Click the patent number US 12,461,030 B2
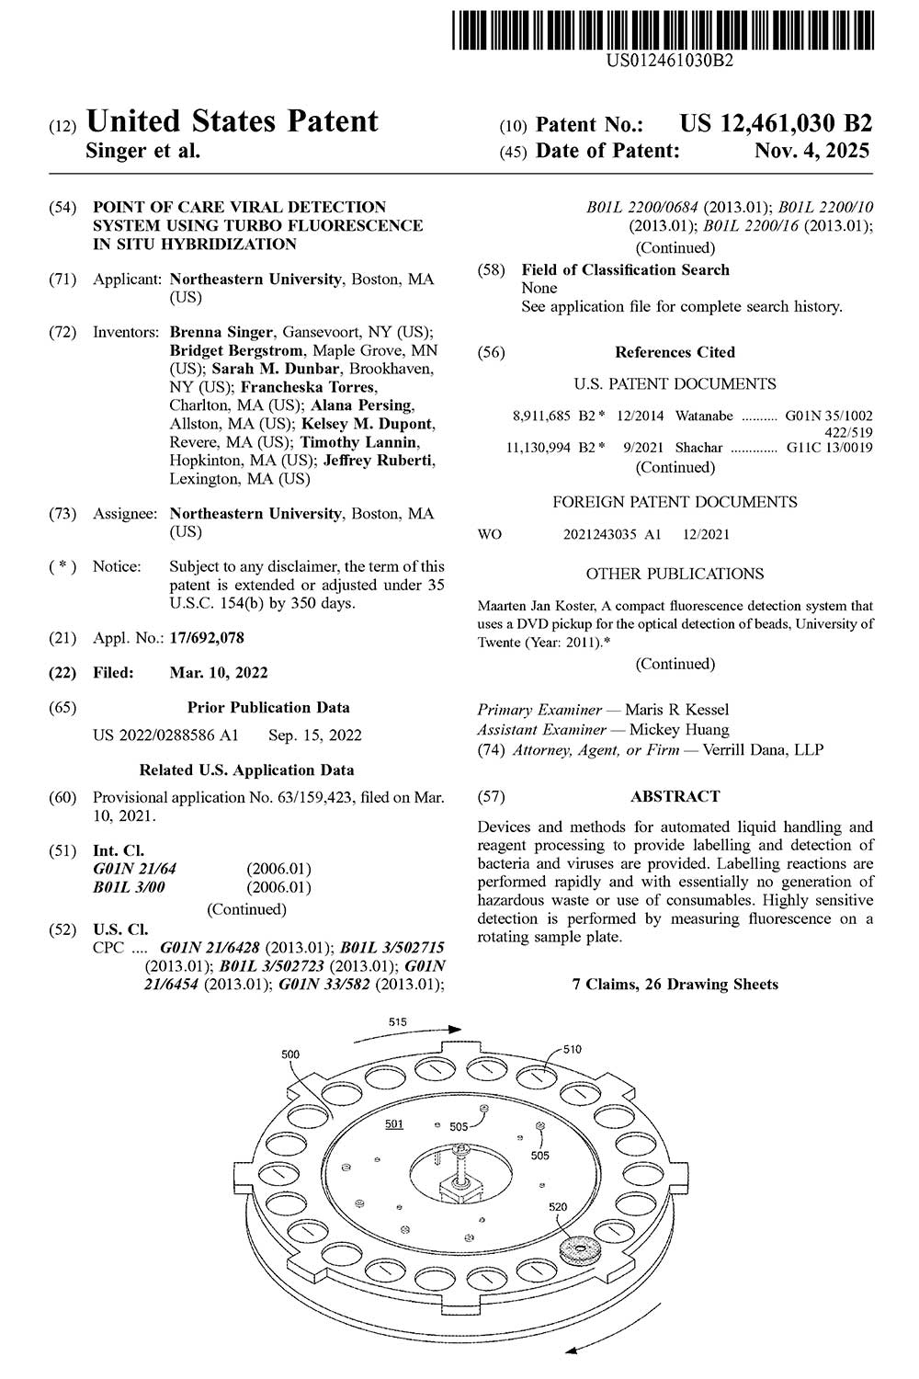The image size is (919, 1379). [x=776, y=123]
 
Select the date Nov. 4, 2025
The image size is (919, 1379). [x=811, y=151]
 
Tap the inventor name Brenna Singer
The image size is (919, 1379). [x=221, y=332]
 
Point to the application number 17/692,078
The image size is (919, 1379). [x=207, y=638]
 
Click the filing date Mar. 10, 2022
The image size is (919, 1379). [x=219, y=672]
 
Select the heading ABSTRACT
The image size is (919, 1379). [x=675, y=796]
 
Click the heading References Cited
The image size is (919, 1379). [x=675, y=352]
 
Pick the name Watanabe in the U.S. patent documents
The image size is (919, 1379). [x=704, y=416]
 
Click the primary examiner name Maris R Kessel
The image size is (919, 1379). [x=677, y=710]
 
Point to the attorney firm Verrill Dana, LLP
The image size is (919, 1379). [x=763, y=749]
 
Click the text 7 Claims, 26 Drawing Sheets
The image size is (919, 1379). [x=675, y=984]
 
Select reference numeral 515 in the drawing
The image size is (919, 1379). [x=397, y=1021]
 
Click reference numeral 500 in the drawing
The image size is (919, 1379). [x=290, y=1054]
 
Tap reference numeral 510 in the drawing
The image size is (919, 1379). [x=572, y=1049]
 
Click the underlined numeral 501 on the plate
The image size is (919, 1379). [x=394, y=1123]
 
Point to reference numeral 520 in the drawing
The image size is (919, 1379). [x=558, y=1207]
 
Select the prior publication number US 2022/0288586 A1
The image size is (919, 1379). [x=166, y=735]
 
